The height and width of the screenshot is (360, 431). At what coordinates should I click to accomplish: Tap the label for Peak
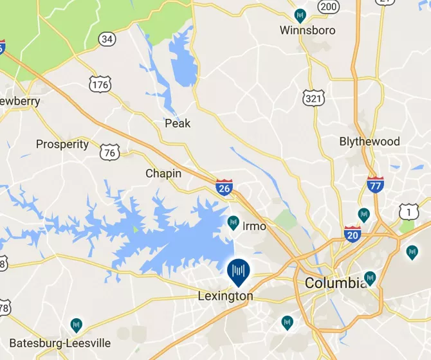click(178, 123)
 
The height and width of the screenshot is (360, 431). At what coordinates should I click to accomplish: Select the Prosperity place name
click(62, 144)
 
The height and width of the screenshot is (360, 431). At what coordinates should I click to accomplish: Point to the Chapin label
click(163, 174)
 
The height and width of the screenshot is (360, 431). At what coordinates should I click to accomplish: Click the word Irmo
click(255, 226)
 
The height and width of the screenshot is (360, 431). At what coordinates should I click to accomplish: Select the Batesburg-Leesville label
click(60, 343)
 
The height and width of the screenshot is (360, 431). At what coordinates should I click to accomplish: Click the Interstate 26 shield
click(224, 188)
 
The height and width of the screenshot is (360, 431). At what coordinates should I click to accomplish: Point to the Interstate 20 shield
click(353, 233)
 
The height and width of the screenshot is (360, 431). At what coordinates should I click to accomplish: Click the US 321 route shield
click(312, 97)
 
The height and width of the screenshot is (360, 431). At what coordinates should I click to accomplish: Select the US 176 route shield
click(102, 84)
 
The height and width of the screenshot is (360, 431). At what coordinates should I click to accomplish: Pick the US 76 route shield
click(110, 152)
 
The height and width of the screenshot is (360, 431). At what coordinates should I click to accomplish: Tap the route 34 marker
click(107, 40)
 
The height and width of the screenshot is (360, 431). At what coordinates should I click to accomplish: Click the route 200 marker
click(329, 6)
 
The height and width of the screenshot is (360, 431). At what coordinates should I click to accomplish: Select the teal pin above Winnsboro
click(300, 15)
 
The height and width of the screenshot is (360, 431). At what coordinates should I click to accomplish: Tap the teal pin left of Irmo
click(234, 223)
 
